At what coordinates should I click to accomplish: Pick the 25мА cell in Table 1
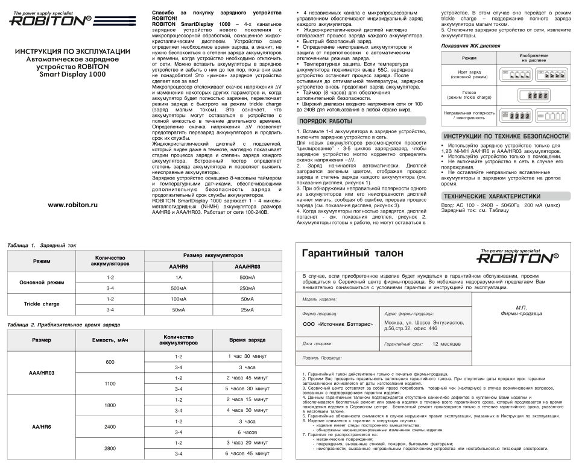(x=247, y=310)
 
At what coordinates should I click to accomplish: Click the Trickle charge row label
(x=42, y=304)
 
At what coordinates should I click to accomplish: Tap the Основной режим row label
(x=42, y=282)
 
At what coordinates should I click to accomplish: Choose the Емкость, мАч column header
(x=110, y=341)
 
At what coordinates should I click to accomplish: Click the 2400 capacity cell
(x=110, y=426)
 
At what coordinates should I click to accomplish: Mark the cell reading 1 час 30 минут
(x=247, y=356)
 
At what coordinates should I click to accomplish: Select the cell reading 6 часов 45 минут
(x=247, y=452)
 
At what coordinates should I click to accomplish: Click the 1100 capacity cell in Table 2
(x=110, y=383)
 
